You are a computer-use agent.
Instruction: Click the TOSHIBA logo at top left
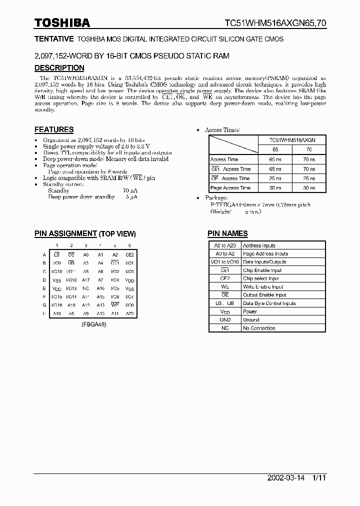62,22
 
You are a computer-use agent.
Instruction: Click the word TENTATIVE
54,38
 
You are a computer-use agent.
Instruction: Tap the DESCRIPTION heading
59,68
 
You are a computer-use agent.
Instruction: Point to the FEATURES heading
54,129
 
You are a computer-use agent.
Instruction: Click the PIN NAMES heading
227,233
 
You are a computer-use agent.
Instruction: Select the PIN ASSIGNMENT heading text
65,233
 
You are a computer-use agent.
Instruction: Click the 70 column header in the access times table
309,149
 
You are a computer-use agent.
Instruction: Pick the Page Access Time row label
230,188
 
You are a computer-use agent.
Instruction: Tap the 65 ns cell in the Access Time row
275,159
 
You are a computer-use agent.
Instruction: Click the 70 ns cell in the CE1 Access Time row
309,169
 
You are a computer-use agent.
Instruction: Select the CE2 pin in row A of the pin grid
129,254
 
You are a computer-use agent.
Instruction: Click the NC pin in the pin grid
86,288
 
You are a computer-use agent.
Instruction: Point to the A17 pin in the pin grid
86,280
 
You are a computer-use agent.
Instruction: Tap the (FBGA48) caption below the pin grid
93,324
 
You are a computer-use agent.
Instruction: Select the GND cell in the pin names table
225,320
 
